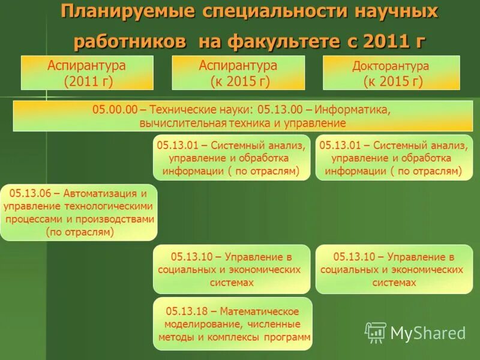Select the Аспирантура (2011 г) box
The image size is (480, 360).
[x=88, y=73]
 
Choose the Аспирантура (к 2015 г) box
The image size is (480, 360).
[x=239, y=73]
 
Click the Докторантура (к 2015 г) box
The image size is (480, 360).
[x=391, y=73]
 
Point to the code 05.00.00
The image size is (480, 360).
[x=115, y=110]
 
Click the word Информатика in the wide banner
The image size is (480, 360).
[x=353, y=110]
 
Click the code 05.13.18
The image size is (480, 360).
[x=185, y=311]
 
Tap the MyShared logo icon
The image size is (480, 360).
[x=376, y=332]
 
